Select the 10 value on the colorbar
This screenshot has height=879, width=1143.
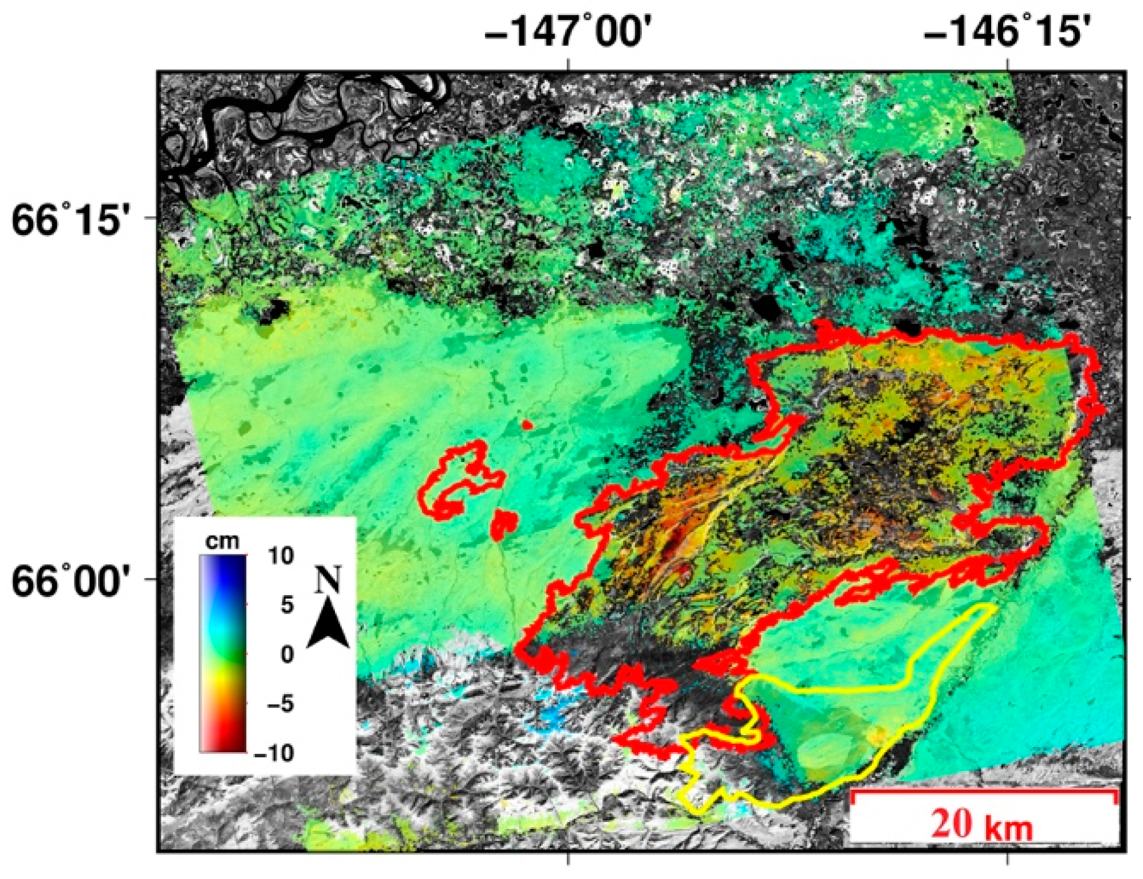click(281, 555)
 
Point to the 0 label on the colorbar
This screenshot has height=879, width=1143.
click(287, 654)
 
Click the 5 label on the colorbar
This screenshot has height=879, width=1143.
click(287, 605)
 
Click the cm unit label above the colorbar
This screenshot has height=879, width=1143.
click(222, 541)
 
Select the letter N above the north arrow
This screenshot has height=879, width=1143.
click(328, 580)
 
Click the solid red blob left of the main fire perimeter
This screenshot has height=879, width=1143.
click(504, 524)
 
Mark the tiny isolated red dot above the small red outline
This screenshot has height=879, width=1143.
click(527, 425)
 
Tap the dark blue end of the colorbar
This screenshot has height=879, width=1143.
click(223, 566)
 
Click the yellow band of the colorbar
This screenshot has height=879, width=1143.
click(223, 685)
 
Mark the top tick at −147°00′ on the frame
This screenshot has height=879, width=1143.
click(568, 65)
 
